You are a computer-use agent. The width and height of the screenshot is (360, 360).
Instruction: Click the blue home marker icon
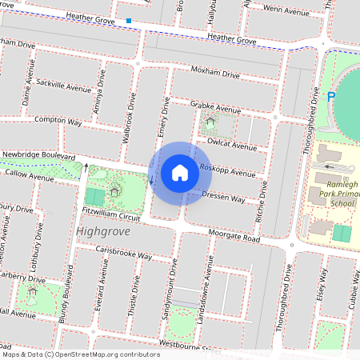point(180,173)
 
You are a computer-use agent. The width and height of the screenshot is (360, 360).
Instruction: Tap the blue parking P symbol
point(331,98)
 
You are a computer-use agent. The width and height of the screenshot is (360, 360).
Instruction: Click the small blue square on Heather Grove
point(129,21)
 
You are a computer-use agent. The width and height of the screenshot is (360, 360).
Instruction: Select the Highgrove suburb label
point(102,231)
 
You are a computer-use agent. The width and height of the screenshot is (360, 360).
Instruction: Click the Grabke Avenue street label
point(215,108)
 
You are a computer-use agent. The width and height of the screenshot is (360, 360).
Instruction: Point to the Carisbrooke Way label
point(124,252)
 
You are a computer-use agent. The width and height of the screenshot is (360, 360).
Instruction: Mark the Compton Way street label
point(58,121)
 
